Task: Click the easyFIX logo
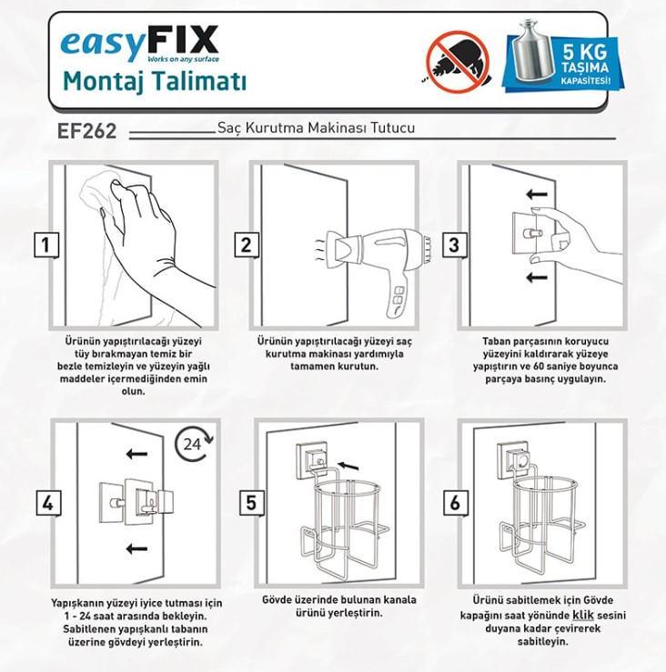140,44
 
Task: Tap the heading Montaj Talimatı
155,81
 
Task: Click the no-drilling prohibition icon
457,62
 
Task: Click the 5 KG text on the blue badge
585,52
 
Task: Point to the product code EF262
87,131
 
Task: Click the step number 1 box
45,245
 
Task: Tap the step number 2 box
247,245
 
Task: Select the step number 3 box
455,245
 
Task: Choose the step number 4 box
48,503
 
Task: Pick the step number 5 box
251,503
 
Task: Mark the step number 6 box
456,503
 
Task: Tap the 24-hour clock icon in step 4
194,444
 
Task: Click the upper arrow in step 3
537,195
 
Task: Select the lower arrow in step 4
136,548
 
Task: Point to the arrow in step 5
348,466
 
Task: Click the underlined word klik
583,616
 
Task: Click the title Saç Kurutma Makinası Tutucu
316,127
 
